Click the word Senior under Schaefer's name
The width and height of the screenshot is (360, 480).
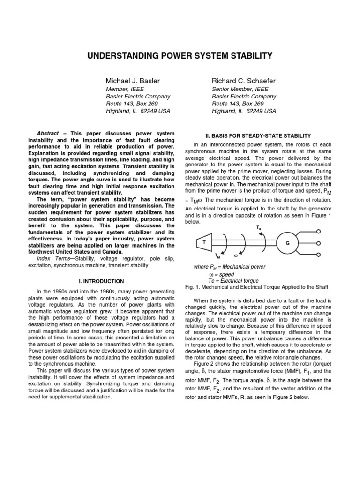[221, 89]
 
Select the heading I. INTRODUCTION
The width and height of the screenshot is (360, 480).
[101, 281]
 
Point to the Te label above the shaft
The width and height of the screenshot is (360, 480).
[258, 227]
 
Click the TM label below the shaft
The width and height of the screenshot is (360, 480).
[217, 256]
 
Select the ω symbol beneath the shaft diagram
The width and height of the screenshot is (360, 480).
[236, 256]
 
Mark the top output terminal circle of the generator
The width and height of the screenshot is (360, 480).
[319, 231]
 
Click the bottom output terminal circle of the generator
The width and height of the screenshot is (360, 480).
[319, 255]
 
